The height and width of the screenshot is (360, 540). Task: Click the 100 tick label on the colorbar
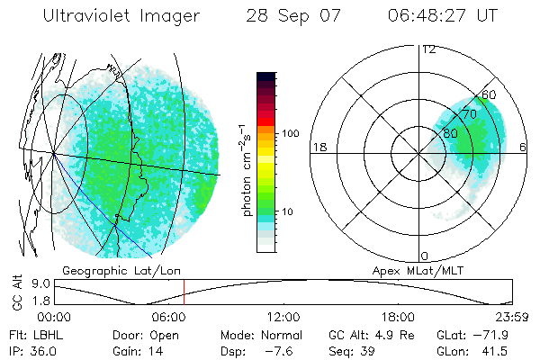click(x=290, y=133)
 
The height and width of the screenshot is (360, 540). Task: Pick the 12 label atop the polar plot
click(x=429, y=49)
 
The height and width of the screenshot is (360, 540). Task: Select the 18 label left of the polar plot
click(x=319, y=147)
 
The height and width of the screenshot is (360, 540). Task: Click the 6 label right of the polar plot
click(x=524, y=147)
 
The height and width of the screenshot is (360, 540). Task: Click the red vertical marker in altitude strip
click(x=184, y=292)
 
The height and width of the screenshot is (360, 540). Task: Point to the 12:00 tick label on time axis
click(x=283, y=318)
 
